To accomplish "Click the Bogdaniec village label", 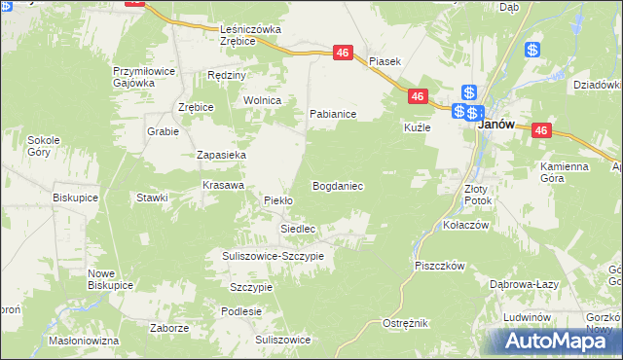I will click(x=338, y=185).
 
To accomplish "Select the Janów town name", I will click(x=494, y=125).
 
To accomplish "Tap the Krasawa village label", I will click(x=222, y=184).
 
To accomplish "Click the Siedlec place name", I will click(x=299, y=229).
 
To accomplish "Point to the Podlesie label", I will click(x=240, y=311).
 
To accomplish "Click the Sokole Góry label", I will click(x=44, y=146).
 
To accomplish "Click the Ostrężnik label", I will click(x=405, y=323).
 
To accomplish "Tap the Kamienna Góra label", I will click(x=565, y=172).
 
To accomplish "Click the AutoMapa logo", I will click(x=552, y=340).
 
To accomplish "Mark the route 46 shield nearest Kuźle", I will click(x=417, y=96).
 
